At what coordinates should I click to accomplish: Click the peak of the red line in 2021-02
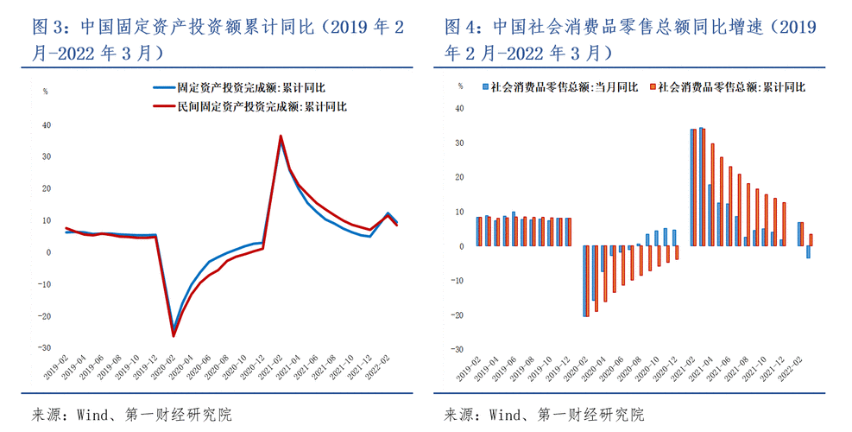pyautogui.click(x=281, y=136)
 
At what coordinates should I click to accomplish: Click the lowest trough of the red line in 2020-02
pyautogui.click(x=174, y=336)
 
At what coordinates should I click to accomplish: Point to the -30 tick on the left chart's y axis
pyautogui.click(x=46, y=347)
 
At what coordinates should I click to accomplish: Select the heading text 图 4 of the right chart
pyautogui.click(x=458, y=28)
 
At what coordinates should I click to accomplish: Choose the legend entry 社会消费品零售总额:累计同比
pyautogui.click(x=731, y=86)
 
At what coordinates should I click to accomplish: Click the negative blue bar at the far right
pyautogui.click(x=808, y=251)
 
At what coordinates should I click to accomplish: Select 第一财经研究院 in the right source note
pyautogui.click(x=590, y=415)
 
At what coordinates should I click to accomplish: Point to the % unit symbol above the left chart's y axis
pyautogui.click(x=46, y=91)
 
